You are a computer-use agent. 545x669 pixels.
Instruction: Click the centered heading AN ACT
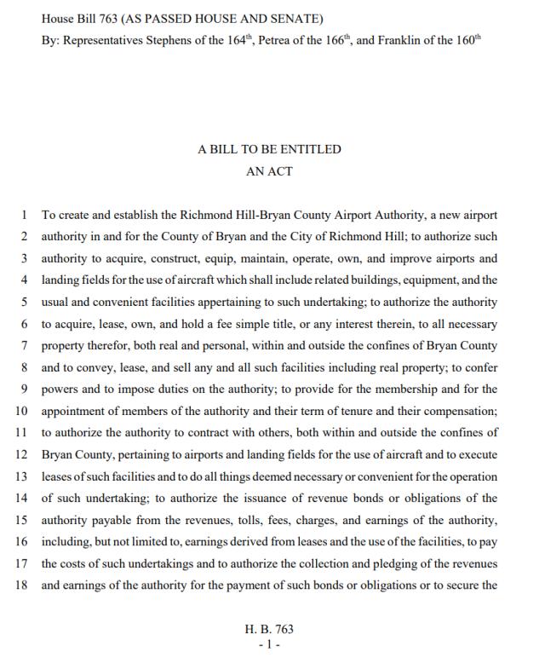point(269,171)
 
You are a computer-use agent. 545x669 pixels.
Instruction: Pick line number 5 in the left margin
point(25,301)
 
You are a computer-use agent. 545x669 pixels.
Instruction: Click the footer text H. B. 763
point(269,630)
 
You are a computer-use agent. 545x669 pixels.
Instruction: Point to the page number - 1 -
point(269,644)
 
